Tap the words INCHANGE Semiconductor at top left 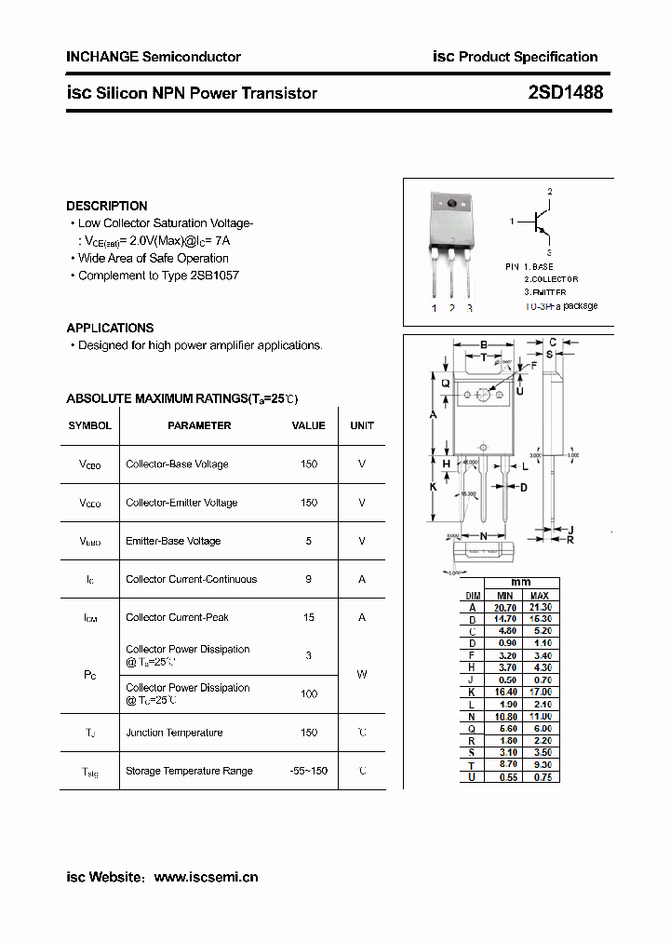(154, 57)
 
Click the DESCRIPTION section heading (107, 206)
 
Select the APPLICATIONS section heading (110, 328)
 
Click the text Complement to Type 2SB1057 (158, 276)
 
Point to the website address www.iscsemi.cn (206, 877)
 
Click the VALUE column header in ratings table (308, 425)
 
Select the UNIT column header (362, 425)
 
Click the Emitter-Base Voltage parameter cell (173, 541)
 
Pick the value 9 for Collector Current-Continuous (308, 579)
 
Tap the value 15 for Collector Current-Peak (308, 617)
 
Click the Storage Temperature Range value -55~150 (308, 771)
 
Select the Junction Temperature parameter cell (174, 733)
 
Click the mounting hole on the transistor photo (453, 204)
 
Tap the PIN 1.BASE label (529, 266)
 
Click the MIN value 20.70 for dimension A (505, 607)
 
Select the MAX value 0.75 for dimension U (540, 776)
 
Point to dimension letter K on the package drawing (433, 487)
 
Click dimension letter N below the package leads (484, 536)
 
